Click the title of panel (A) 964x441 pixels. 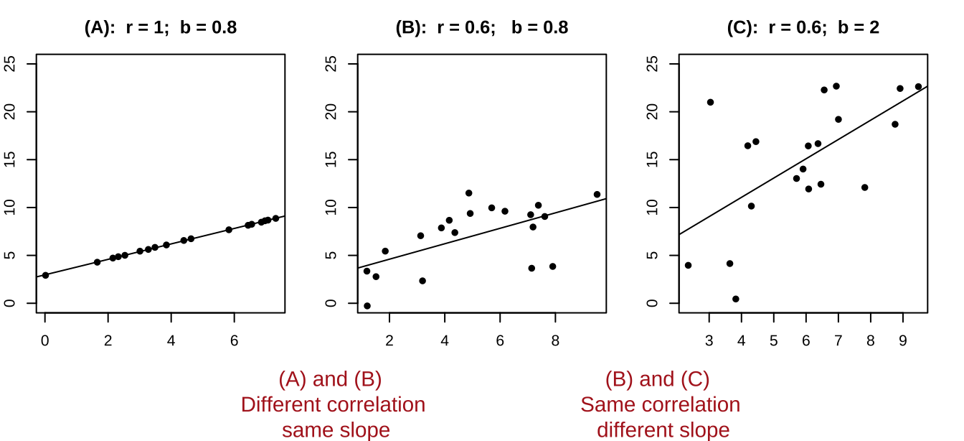point(160,27)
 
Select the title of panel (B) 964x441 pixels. point(481,27)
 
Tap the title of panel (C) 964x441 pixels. point(803,27)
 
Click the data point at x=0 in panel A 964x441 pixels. point(45,275)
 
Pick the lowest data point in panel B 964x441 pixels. point(367,306)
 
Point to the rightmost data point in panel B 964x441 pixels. point(597,195)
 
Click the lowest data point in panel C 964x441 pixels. point(736,299)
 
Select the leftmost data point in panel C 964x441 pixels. point(688,265)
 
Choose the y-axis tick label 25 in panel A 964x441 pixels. point(10,64)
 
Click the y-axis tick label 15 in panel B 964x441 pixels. point(331,159)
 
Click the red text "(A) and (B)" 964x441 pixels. point(330,379)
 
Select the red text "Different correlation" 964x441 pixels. point(333,404)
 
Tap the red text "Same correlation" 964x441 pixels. point(660,404)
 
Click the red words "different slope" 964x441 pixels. point(663,430)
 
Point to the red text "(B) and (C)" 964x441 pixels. point(657,379)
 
